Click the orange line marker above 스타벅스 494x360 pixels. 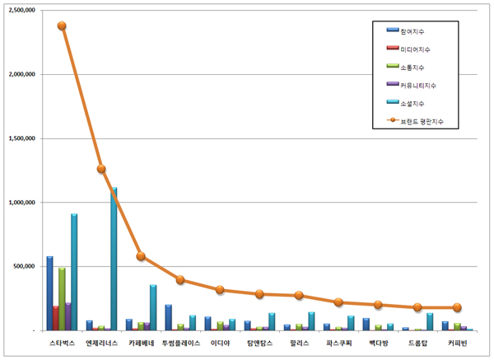pos(62,26)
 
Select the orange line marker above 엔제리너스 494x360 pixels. pos(101,169)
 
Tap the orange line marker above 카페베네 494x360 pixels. pos(141,256)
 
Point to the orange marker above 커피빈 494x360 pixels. pos(457,307)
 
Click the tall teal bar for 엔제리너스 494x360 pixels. pos(114,259)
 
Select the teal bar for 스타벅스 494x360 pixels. pos(74,272)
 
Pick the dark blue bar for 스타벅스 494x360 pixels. pos(49,293)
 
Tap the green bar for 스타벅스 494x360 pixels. pos(62,298)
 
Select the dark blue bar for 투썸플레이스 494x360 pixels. pos(168,317)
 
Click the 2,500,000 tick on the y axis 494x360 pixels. pos(23,11)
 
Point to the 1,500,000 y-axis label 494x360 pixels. pos(23,138)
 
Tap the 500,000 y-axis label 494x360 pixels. pos(26,266)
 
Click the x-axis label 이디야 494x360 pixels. pos(220,342)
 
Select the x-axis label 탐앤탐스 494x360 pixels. pos(259,342)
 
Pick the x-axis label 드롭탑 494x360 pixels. pos(417,342)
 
